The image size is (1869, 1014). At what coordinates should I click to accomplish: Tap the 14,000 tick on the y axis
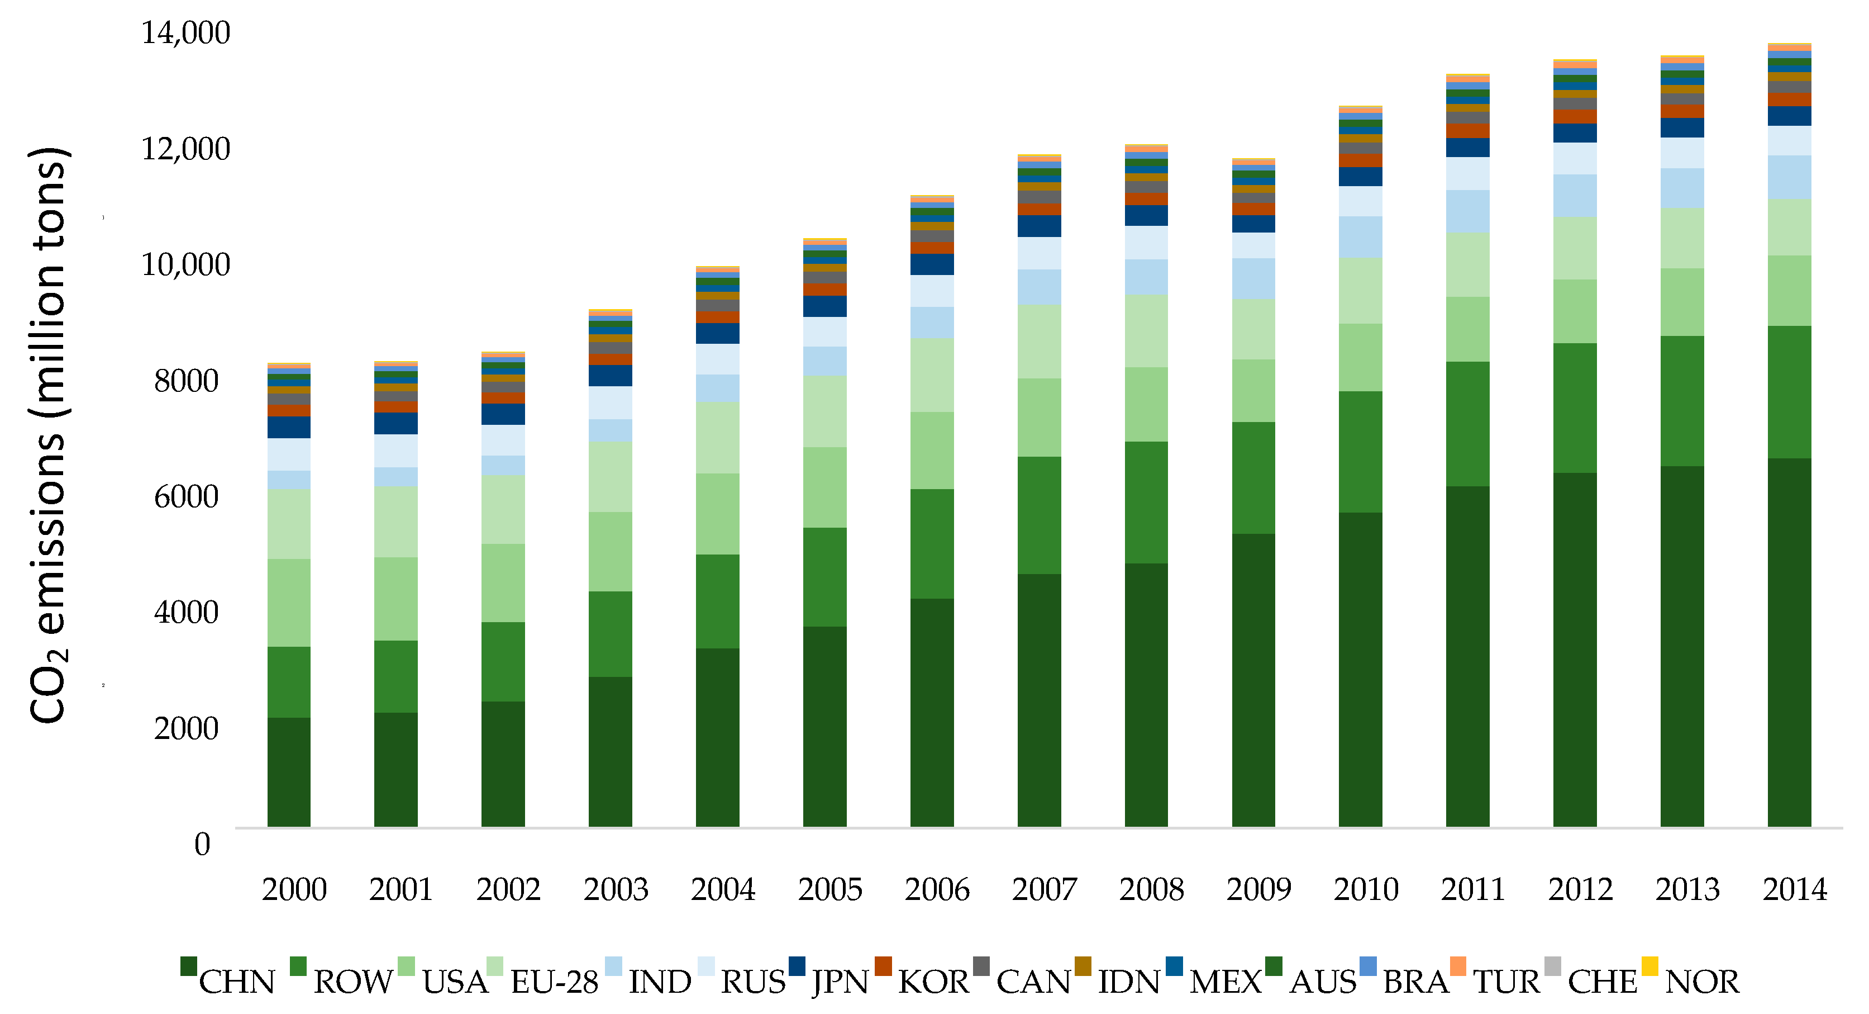[186, 32]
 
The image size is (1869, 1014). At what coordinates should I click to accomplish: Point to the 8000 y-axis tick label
[186, 380]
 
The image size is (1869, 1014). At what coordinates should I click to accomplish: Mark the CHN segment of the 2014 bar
[1789, 642]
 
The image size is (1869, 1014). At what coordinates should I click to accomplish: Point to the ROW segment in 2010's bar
[1360, 452]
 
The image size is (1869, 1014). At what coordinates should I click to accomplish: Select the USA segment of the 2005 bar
[824, 487]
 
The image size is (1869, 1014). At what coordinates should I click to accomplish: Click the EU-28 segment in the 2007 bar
[1039, 341]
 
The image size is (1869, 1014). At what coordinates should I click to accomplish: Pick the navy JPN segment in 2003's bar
[610, 375]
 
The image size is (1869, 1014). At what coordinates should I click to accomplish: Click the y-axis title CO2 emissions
[49, 435]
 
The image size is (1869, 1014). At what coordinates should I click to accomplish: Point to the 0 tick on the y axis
[202, 844]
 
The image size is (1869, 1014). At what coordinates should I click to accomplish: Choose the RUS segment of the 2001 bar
[395, 450]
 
